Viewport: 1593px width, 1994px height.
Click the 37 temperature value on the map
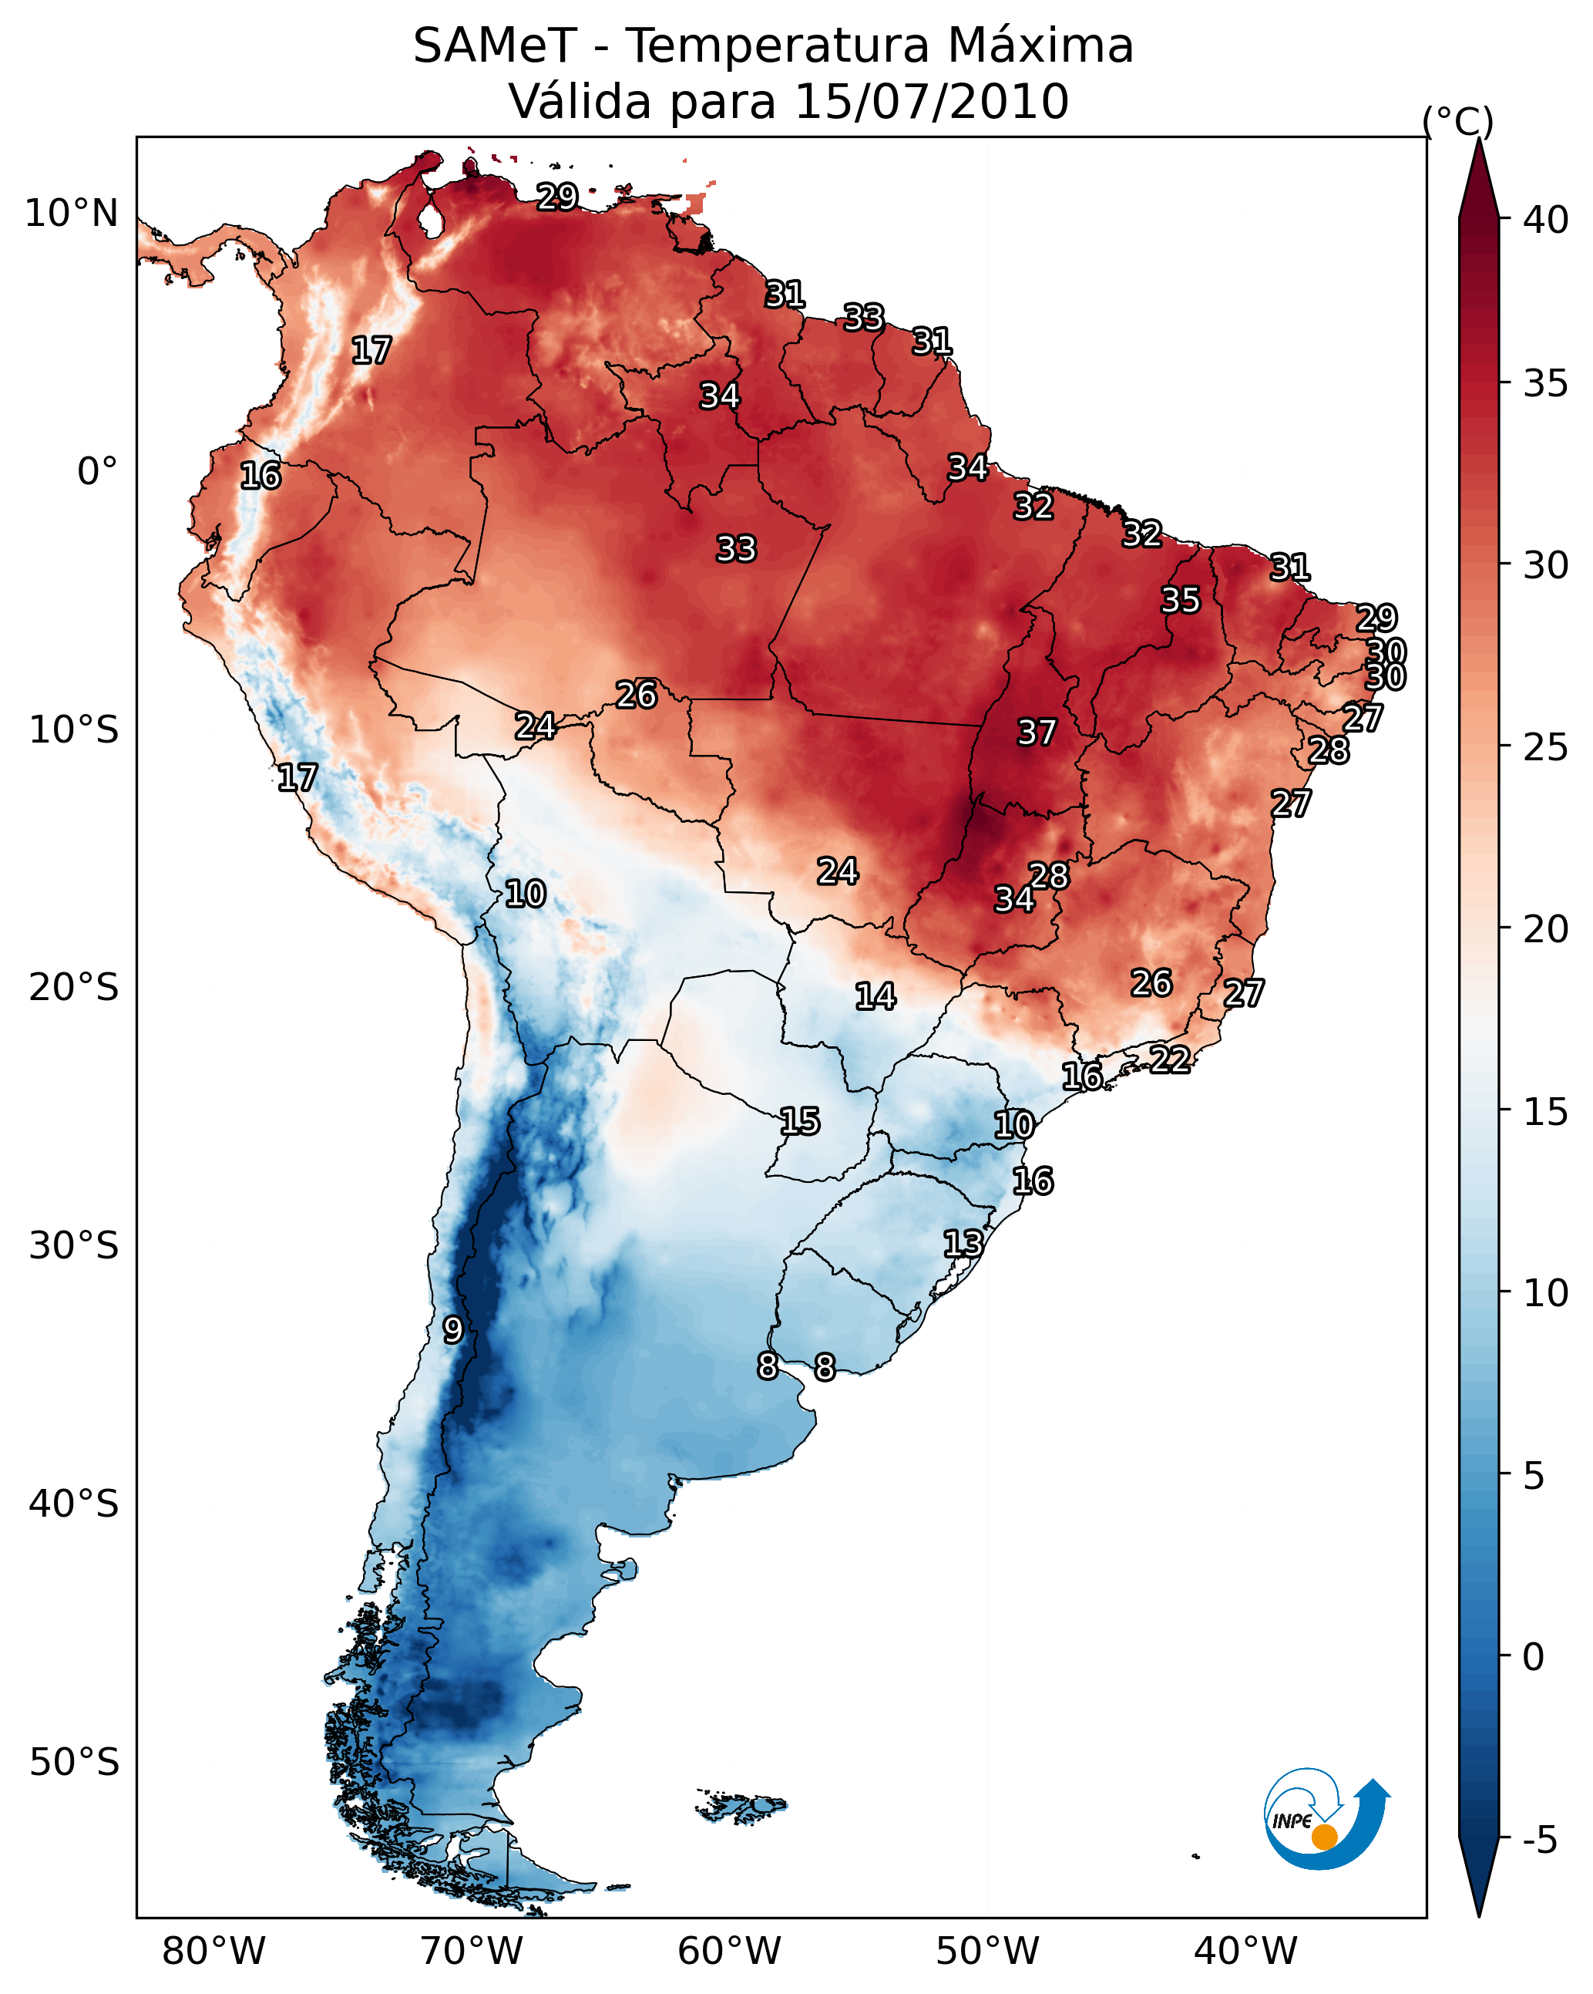point(1037,733)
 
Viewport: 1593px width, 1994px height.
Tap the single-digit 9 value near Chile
point(452,1330)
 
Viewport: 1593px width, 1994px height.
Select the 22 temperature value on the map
point(1170,1059)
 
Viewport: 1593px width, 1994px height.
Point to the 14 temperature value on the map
point(875,996)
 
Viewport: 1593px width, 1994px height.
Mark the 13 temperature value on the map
point(963,1243)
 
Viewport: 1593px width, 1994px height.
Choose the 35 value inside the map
point(1181,599)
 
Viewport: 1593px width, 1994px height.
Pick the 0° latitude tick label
point(97,472)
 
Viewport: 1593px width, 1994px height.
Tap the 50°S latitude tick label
point(74,1763)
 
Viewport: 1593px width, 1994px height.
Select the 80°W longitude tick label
point(213,1951)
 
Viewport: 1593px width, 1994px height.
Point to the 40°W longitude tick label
point(1245,1951)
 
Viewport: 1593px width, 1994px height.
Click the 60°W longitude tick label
point(730,1951)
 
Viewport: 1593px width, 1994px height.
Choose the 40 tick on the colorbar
point(1546,220)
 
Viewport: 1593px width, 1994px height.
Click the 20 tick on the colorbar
point(1546,928)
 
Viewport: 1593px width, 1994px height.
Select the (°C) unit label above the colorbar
point(1457,121)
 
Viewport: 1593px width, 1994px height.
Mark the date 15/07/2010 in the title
point(931,101)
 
